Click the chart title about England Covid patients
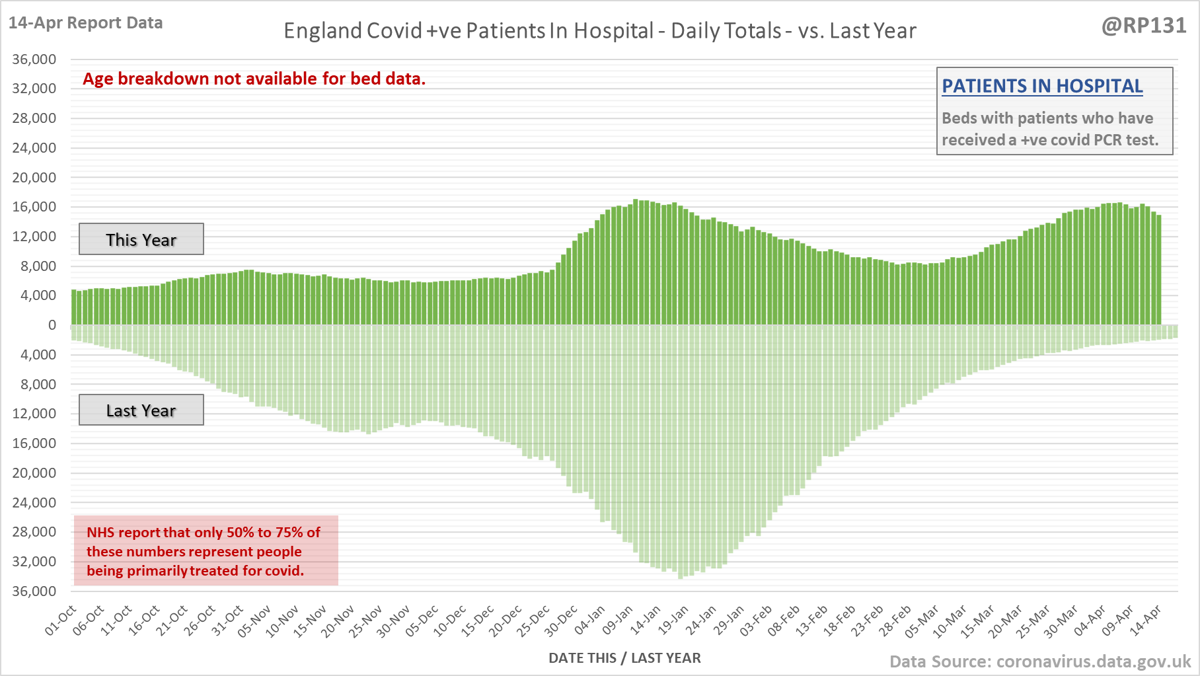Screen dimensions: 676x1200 [x=599, y=31]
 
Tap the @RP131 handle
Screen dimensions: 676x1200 [x=1144, y=26]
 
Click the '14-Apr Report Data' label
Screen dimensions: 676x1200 [x=85, y=23]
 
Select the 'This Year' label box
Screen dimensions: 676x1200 [x=141, y=239]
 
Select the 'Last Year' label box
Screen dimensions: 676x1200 [x=141, y=410]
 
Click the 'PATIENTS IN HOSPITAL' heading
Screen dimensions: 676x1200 [x=1042, y=87]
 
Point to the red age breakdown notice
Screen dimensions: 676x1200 [x=254, y=79]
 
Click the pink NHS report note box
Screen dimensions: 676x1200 [x=206, y=551]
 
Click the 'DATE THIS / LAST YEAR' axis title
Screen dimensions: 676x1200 [x=624, y=658]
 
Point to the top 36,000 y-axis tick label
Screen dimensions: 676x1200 [x=34, y=59]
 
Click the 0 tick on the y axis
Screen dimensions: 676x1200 [x=52, y=325]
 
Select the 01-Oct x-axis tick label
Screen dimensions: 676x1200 [x=61, y=621]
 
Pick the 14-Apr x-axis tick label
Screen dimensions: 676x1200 [x=1145, y=621]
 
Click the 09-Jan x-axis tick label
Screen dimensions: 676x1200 [x=618, y=621]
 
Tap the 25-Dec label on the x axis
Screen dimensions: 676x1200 [x=534, y=621]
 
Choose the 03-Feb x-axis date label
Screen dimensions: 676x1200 [x=756, y=621]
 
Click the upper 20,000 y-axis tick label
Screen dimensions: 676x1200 [x=34, y=178]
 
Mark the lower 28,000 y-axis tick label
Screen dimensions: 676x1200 [x=34, y=532]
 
